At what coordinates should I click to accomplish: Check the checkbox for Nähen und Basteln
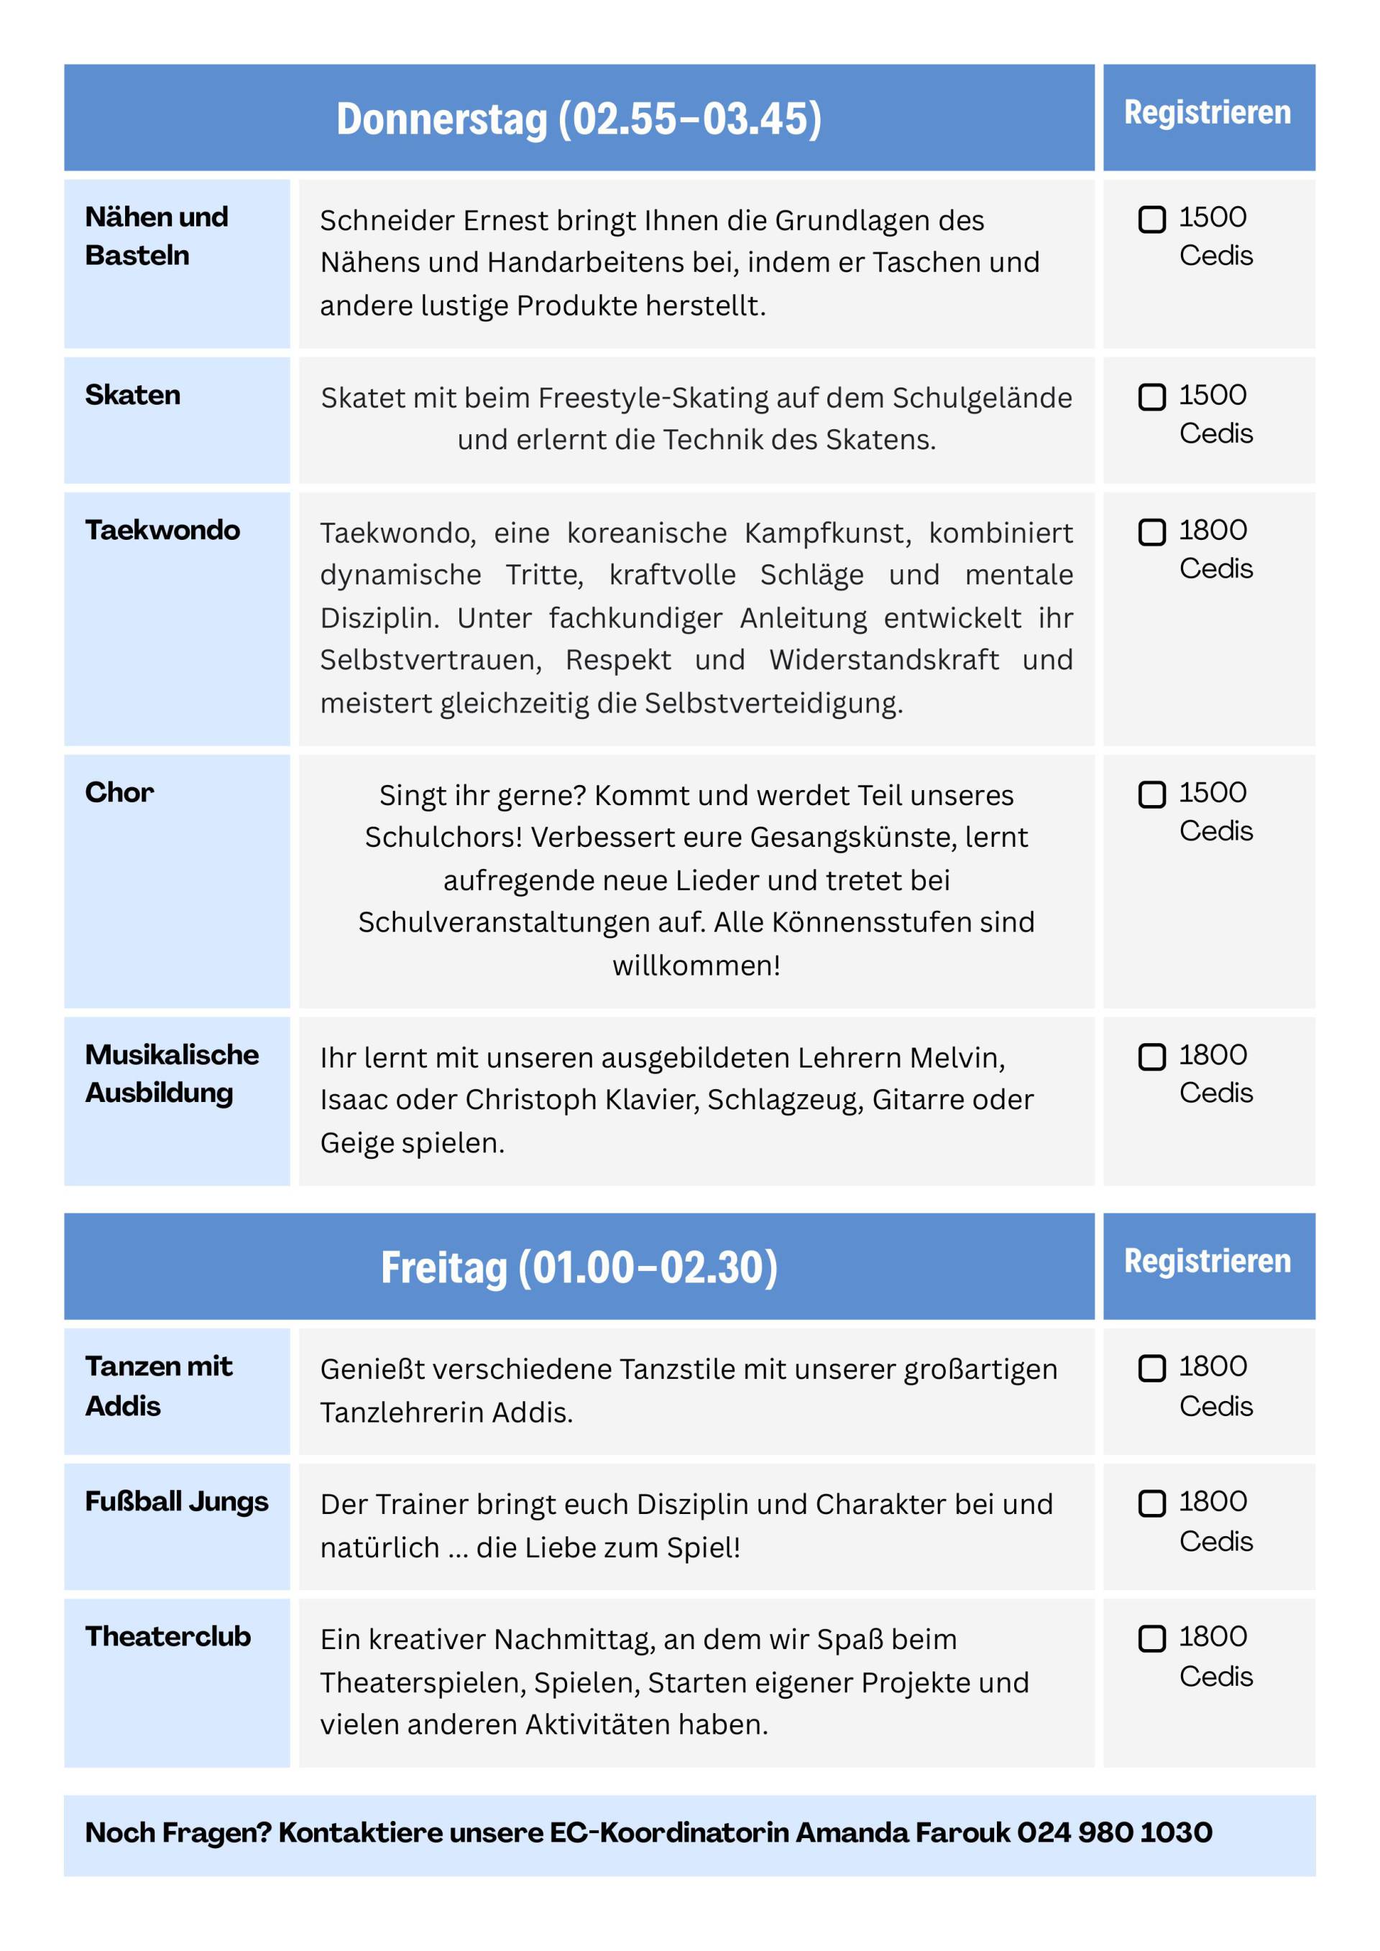pyautogui.click(x=1151, y=219)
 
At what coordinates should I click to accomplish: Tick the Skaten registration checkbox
pyautogui.click(x=1151, y=397)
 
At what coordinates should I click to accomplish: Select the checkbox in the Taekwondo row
pyautogui.click(x=1151, y=532)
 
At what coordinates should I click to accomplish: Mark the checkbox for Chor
pyautogui.click(x=1151, y=794)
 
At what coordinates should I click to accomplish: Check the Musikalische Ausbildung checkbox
pyautogui.click(x=1151, y=1057)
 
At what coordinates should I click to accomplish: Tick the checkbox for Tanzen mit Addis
pyautogui.click(x=1151, y=1368)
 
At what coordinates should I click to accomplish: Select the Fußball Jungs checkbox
pyautogui.click(x=1151, y=1503)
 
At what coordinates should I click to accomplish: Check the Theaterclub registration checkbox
pyautogui.click(x=1151, y=1638)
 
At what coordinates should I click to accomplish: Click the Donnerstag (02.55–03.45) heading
pyautogui.click(x=579, y=118)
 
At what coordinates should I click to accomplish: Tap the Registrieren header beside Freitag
pyautogui.click(x=1207, y=1261)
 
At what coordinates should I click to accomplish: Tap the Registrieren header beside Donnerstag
pyautogui.click(x=1207, y=112)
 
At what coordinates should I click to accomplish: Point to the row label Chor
pyautogui.click(x=119, y=793)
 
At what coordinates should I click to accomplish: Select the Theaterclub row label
pyautogui.click(x=167, y=1637)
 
